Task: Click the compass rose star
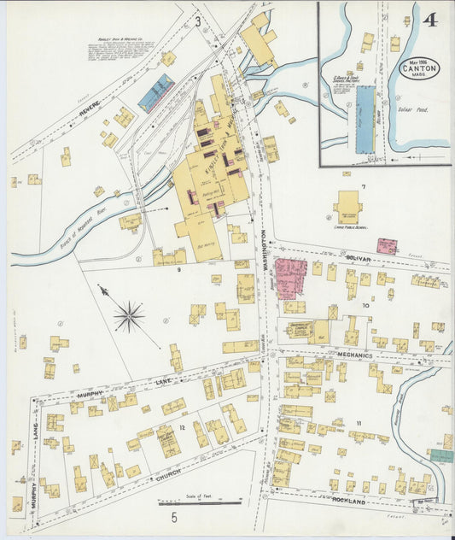[x=129, y=317]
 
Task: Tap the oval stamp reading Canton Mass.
[x=421, y=67]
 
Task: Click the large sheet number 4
[x=429, y=20]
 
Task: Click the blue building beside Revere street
[x=156, y=92]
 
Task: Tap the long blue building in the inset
[x=365, y=119]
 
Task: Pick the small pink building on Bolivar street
[x=387, y=246]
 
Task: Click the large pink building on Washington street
[x=290, y=278]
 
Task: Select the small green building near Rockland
[x=441, y=456]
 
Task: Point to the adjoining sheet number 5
[x=174, y=517]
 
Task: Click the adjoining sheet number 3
[x=197, y=21]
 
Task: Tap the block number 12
[x=182, y=426]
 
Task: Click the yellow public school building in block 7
[x=348, y=206]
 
